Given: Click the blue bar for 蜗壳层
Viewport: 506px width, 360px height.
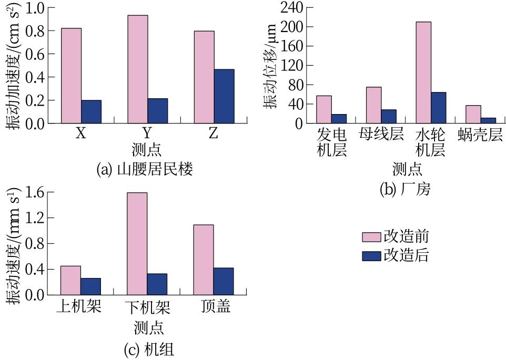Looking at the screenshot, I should pyautogui.click(x=489, y=120).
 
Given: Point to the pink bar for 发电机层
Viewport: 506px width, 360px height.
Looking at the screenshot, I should pyautogui.click(x=324, y=109).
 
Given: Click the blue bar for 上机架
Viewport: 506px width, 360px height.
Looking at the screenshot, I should pyautogui.click(x=90, y=286).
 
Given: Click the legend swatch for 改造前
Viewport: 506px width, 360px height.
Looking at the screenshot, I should pyautogui.click(x=371, y=236).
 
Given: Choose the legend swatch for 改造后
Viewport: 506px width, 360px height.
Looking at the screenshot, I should pyautogui.click(x=371, y=256).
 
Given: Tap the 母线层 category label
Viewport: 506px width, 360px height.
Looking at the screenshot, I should pyautogui.click(x=381, y=134).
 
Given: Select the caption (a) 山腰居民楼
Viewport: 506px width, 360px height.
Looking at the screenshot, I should pyautogui.click(x=145, y=170).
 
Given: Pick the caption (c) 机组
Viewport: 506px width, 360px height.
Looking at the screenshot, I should pyautogui.click(x=149, y=349).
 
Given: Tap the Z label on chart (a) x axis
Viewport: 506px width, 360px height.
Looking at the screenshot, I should pyautogui.click(x=213, y=134).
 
